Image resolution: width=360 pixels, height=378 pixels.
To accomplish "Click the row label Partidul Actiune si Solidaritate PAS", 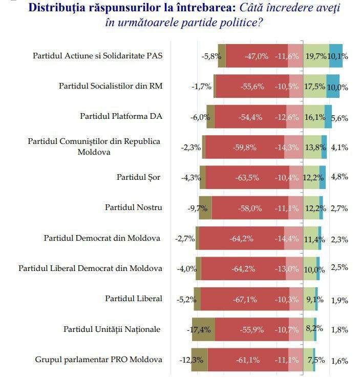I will tap(97, 55).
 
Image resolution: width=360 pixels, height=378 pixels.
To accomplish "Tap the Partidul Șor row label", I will tap(139, 177).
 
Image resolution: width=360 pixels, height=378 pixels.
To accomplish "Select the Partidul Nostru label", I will tap(134, 207).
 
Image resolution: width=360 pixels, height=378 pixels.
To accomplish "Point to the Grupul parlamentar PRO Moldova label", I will tap(99, 359).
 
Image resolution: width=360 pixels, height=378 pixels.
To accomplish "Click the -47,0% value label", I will tap(256, 56).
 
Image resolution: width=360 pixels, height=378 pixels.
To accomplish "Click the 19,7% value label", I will tap(315, 56).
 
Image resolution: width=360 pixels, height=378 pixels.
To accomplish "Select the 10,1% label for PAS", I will tap(338, 56).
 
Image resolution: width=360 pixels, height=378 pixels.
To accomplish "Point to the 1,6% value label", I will tap(340, 361).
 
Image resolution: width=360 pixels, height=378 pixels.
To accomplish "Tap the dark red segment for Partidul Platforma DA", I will tap(251, 117).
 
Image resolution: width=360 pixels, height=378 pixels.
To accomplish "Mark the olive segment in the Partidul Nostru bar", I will tap(205, 208).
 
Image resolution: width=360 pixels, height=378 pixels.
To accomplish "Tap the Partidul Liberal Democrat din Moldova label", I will tap(90, 268).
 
